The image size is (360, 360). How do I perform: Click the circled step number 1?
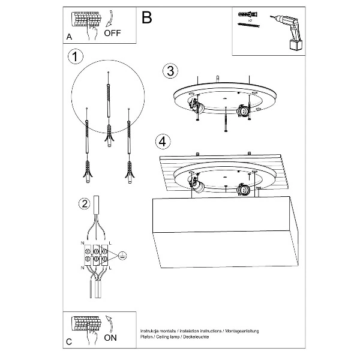pos(74,57)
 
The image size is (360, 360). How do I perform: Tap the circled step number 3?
pos(170,71)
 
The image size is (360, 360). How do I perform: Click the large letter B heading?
pos(146,18)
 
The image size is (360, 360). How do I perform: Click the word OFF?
pos(112,34)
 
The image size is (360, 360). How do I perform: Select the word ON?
pos(111,338)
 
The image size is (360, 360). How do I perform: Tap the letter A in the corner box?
pos(69,37)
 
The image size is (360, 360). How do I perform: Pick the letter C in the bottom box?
pos(69,341)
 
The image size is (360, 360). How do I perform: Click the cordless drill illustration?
pos(287,33)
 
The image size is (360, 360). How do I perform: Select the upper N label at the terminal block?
pos(82,243)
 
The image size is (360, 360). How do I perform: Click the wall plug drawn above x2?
pos(246,13)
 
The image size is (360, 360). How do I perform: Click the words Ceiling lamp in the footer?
pos(172,337)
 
